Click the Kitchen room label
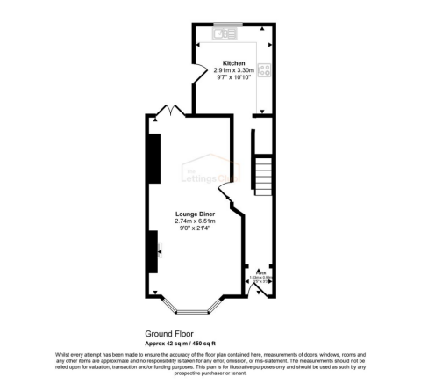233,62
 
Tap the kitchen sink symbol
222,33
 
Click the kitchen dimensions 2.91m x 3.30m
233,69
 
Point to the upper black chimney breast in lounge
153,156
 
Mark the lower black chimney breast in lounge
153,251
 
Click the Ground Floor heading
168,334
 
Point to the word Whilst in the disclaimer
63,354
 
